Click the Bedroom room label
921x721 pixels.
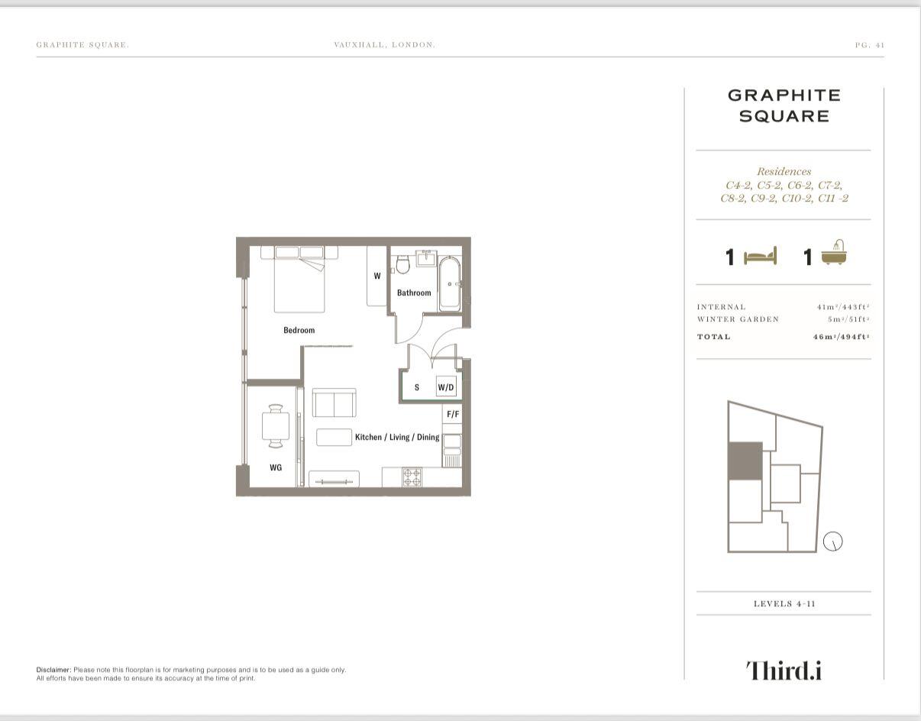(x=299, y=330)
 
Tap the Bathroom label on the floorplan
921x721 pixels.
(x=413, y=293)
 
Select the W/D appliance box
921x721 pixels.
(x=446, y=387)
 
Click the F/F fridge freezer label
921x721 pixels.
(x=452, y=414)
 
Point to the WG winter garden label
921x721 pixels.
(x=275, y=467)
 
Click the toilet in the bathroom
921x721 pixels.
(x=402, y=264)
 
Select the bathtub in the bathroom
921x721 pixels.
(x=449, y=283)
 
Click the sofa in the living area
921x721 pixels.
(x=334, y=403)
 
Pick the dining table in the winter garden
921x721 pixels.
(x=275, y=426)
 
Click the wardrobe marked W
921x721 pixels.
(x=376, y=276)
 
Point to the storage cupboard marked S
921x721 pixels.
(x=417, y=387)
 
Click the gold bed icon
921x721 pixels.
(x=760, y=257)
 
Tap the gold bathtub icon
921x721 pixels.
(x=835, y=254)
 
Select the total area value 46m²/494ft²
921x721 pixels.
(x=841, y=337)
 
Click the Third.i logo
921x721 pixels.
(x=784, y=670)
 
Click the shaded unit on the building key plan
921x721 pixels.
(x=745, y=461)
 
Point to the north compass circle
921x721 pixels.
(x=833, y=542)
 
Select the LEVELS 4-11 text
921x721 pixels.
(x=784, y=603)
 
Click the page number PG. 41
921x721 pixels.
(x=869, y=45)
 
